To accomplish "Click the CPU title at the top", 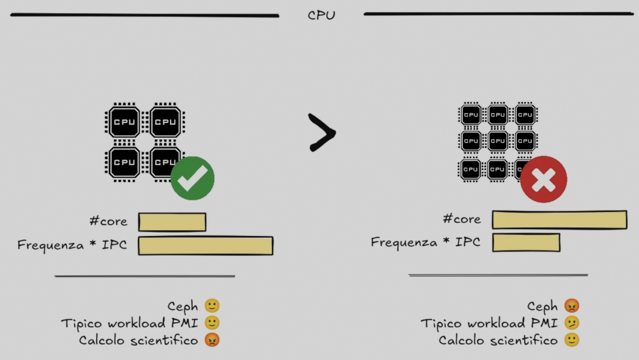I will click(x=322, y=15).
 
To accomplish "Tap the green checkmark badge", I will click(x=192, y=178).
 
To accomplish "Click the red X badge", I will click(x=544, y=179).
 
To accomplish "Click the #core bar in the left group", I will click(x=172, y=222).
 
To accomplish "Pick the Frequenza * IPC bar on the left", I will click(x=205, y=245).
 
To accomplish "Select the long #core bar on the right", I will click(x=559, y=220).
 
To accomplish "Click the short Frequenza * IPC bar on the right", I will click(x=526, y=243).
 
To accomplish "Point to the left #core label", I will click(x=108, y=221).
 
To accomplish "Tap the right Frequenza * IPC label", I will click(x=425, y=242).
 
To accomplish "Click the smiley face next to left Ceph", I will click(x=212, y=306).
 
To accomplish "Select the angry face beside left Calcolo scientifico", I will click(x=212, y=340).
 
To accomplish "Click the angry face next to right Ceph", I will click(x=572, y=306).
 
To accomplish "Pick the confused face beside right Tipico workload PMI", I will click(x=572, y=323).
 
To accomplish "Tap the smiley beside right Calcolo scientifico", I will click(x=572, y=340).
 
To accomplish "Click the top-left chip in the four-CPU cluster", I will click(x=124, y=122).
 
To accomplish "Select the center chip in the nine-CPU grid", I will click(x=498, y=141).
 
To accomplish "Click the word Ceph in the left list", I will click(x=182, y=306).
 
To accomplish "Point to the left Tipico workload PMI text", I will click(x=130, y=323).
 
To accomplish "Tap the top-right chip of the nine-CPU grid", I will click(x=525, y=115).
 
